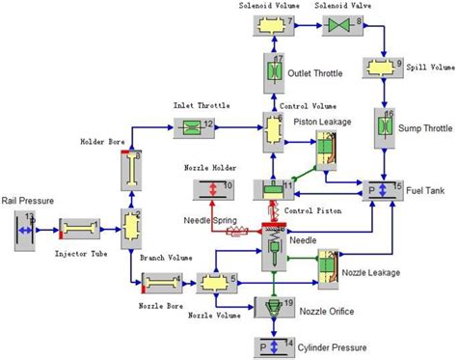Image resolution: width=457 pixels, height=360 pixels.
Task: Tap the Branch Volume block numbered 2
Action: click(132, 225)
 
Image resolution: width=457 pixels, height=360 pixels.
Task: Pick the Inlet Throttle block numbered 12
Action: click(192, 126)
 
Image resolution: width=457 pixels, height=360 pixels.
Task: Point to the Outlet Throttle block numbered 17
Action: click(273, 73)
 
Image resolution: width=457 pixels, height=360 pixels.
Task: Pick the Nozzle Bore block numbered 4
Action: click(161, 282)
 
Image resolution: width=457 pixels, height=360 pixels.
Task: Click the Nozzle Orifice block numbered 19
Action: click(275, 309)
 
